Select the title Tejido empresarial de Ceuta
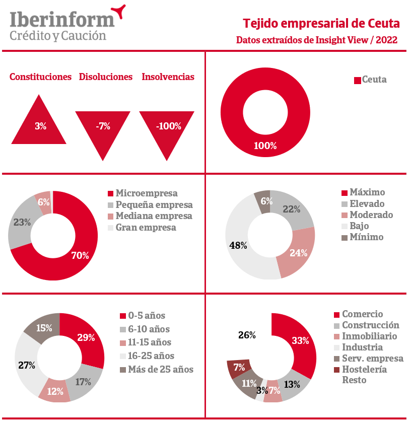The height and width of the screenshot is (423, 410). coord(321,24)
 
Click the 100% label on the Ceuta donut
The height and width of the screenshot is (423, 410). coord(265,146)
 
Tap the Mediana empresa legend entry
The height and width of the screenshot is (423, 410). coord(150,216)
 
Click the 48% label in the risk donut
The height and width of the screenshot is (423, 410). coord(238,246)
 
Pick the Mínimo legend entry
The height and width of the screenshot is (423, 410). coord(363,237)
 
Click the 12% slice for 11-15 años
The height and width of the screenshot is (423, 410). coord(55,391)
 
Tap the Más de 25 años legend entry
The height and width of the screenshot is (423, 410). coord(156,369)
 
